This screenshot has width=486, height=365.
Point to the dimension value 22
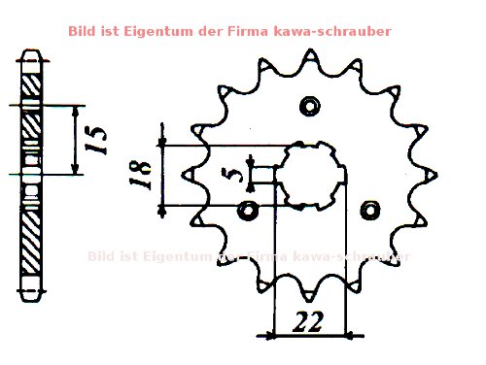click(309, 319)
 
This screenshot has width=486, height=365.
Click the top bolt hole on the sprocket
click(310, 105)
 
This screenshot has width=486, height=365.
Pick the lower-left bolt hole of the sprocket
click(247, 209)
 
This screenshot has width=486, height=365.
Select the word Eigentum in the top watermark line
click(161, 31)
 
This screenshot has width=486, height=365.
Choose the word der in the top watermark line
click(219, 31)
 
